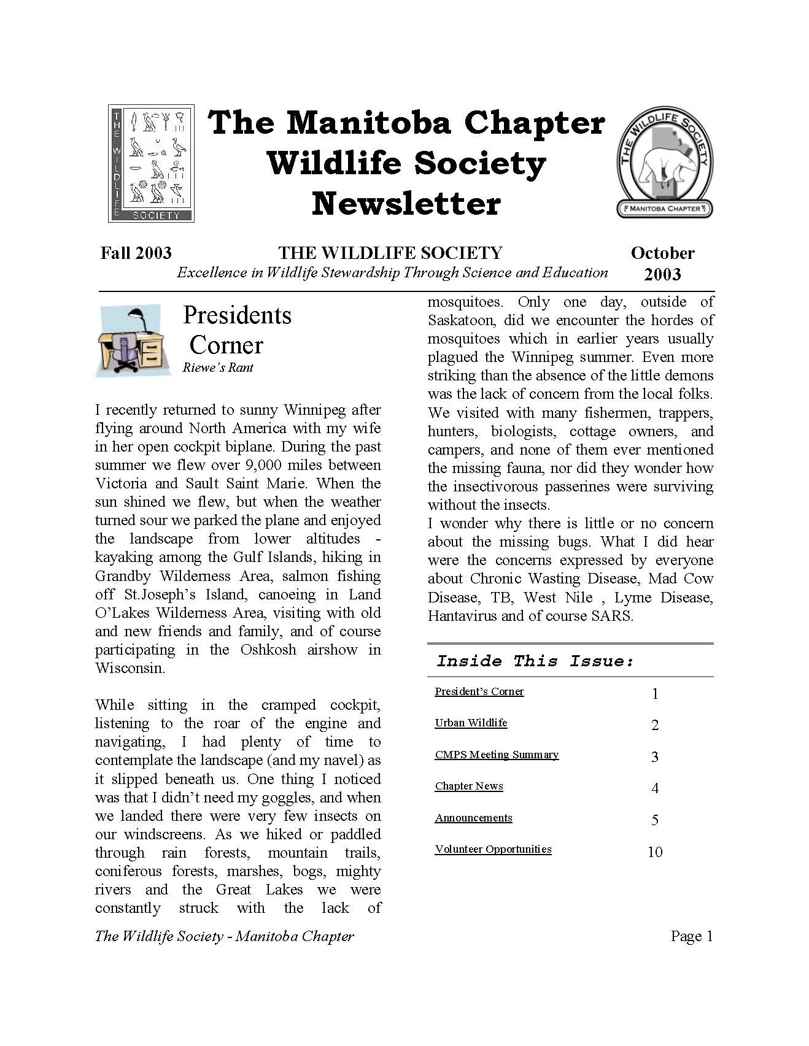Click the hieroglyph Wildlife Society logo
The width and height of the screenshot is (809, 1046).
point(151,163)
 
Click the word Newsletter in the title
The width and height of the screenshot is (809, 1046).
point(406,204)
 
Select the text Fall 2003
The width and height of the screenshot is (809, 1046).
point(136,253)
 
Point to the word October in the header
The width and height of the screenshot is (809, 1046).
point(662,253)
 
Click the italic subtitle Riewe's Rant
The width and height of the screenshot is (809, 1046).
point(218,367)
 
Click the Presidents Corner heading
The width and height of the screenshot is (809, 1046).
point(236,330)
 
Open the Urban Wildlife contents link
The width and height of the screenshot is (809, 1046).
point(471,723)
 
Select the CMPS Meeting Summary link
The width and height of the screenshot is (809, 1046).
point(497,755)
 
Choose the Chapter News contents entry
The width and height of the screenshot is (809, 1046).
point(469,786)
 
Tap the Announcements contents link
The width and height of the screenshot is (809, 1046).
point(473,818)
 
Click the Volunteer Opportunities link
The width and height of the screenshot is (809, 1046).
point(493,849)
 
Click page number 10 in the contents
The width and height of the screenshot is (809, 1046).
point(655,852)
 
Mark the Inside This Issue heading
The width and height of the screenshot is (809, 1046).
point(535,661)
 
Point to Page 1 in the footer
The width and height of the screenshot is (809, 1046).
point(692,936)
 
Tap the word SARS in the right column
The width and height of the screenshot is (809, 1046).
point(611,616)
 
